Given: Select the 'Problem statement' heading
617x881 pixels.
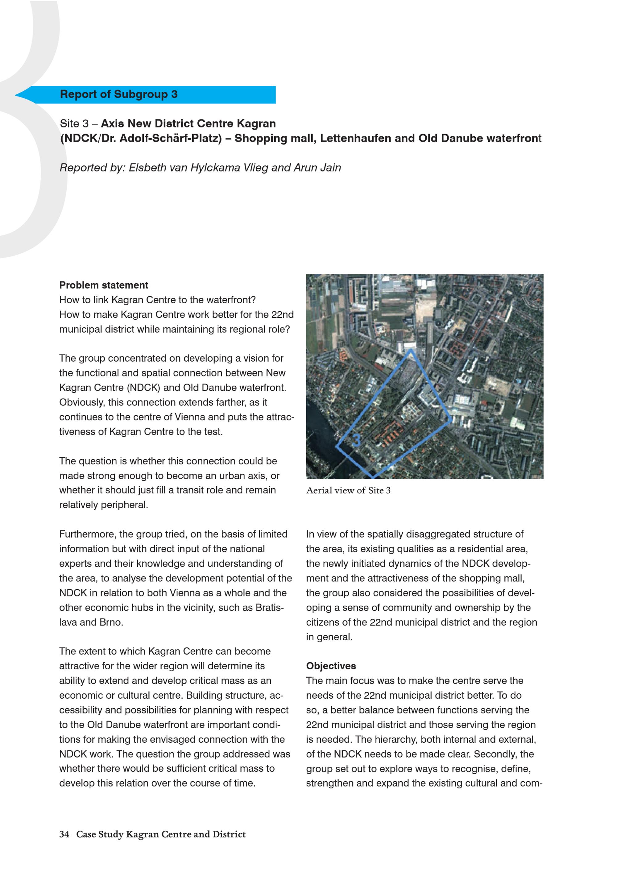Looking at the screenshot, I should pyautogui.click(x=104, y=285).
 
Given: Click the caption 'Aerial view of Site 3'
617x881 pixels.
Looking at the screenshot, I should pyautogui.click(x=348, y=490).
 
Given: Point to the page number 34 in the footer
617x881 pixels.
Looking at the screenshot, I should pyautogui.click(x=64, y=834).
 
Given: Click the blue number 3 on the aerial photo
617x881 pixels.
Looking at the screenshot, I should pyautogui.click(x=356, y=440).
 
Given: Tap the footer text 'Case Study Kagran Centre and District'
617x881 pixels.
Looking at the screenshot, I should pyautogui.click(x=161, y=834).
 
